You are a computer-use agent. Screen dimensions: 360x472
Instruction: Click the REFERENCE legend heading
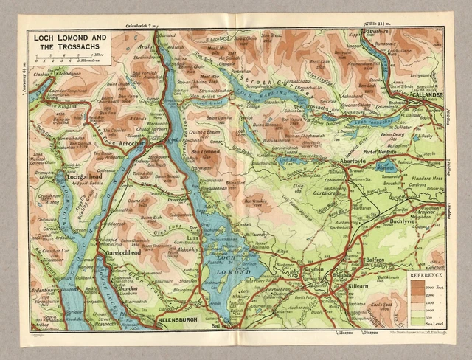coord(425,274)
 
